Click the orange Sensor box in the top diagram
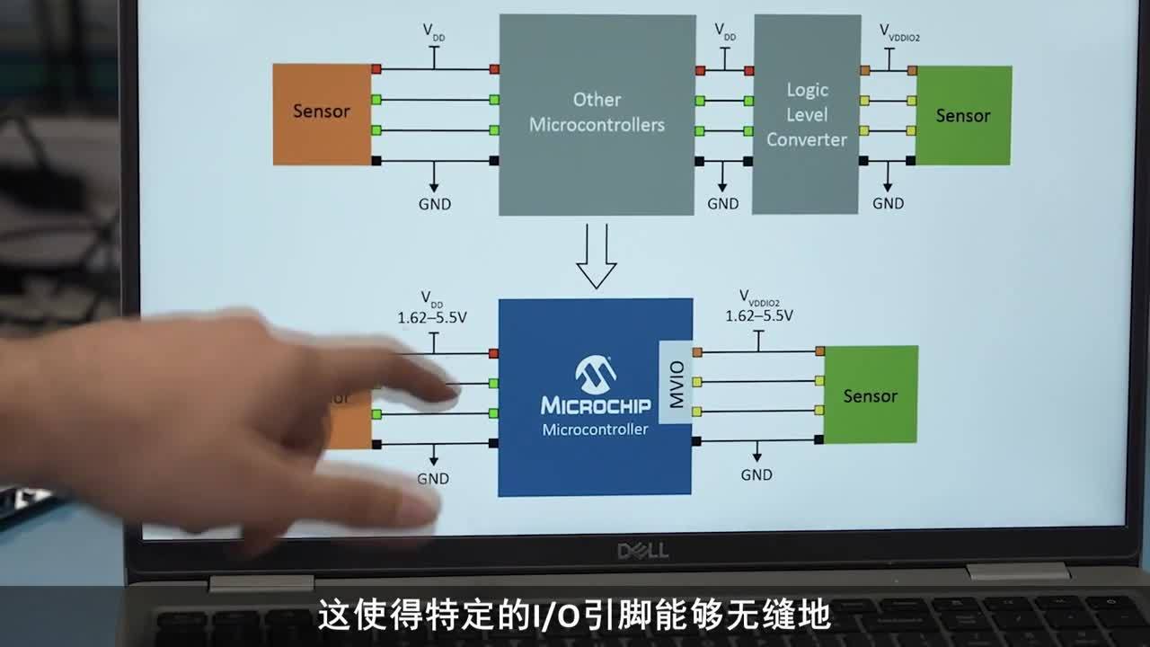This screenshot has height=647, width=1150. pos(322,113)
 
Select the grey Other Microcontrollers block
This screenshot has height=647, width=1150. pos(597,113)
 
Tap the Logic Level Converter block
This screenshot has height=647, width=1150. pos(806,114)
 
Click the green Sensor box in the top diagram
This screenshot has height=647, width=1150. pos(962,115)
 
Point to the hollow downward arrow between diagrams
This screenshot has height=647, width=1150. pos(596,258)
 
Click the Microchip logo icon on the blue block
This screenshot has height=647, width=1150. pos(595,373)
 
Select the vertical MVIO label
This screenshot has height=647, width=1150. pos(677,383)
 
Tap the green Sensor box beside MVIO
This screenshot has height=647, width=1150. pos(870,395)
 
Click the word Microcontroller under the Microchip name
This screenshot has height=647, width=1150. pos(595,430)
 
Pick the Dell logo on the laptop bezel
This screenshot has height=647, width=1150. pos(642,550)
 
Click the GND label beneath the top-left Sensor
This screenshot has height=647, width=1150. pos(435,204)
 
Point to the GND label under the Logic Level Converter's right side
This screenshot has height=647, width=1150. pos(888,203)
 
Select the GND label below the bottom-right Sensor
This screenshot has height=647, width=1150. pos(756,474)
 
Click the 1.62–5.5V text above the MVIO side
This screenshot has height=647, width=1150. pos(759,315)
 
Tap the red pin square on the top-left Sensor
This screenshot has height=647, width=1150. pos(376,69)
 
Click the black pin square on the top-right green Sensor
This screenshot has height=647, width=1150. pos(910,161)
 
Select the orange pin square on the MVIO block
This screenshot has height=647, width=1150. pos(697,351)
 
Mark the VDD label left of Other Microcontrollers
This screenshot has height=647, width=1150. pos(434,31)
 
